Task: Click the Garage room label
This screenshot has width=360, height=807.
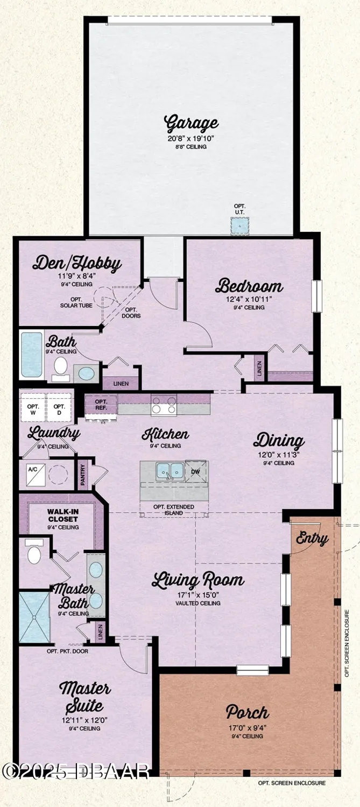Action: pos(191,123)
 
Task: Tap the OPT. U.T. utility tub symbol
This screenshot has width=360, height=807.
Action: pos(239,226)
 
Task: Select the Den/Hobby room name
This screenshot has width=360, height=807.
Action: pos(76,264)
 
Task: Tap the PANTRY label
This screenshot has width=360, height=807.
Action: pos(83,474)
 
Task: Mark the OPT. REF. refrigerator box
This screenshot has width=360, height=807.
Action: pos(101,405)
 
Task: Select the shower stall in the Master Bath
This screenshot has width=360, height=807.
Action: pos(34,617)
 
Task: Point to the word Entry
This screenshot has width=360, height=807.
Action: pos(312,538)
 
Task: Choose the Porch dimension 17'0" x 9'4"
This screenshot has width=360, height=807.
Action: pos(247,728)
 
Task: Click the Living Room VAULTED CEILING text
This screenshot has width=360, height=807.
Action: pos(197,603)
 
